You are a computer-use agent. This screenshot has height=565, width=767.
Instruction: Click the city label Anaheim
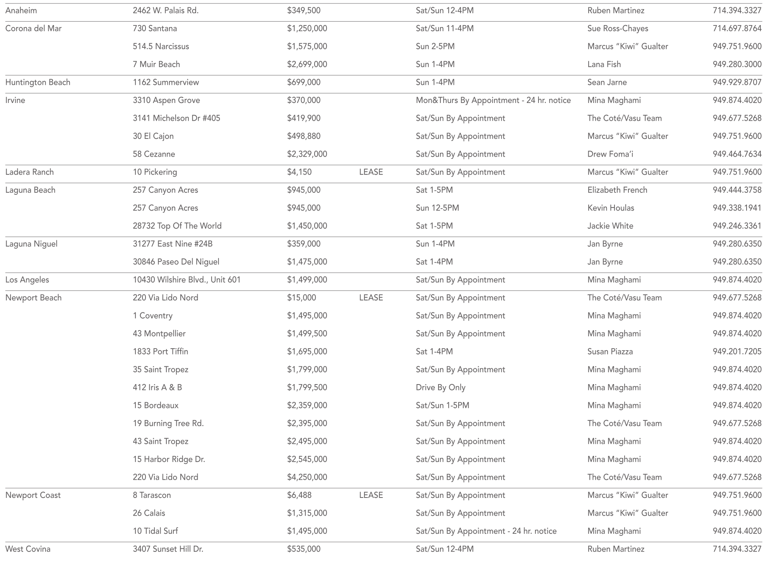[21, 10]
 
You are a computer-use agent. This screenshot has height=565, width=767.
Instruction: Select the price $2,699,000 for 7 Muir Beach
[307, 64]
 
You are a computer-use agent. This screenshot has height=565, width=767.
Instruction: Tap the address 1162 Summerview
[166, 82]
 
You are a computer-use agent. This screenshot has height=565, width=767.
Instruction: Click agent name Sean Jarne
[607, 82]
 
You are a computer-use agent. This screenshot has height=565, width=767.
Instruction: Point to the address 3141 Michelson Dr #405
[176, 118]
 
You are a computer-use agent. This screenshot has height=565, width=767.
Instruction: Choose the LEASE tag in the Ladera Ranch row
[371, 172]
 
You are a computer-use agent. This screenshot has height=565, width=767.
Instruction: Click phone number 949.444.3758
[737, 190]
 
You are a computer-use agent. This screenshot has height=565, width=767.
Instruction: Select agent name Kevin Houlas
[611, 208]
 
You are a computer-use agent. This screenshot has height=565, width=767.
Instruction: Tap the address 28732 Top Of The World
[177, 226]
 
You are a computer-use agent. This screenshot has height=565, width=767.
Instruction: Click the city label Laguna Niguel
[31, 244]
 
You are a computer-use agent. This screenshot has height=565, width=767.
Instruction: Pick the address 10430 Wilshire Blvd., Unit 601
[187, 280]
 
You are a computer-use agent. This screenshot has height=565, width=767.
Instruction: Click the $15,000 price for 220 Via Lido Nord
[301, 298]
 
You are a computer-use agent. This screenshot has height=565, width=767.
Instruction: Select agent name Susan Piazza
[610, 351]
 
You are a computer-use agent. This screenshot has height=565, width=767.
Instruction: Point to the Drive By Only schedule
[440, 387]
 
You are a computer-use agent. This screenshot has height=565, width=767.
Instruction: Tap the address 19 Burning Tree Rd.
[168, 423]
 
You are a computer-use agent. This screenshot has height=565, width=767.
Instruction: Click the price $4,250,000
[307, 477]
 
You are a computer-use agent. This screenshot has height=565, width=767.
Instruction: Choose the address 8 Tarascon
[152, 495]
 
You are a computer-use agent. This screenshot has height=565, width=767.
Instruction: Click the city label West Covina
[28, 549]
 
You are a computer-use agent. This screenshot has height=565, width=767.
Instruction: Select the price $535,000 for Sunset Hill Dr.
[303, 549]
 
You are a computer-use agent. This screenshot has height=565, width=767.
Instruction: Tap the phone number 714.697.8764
[737, 29]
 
